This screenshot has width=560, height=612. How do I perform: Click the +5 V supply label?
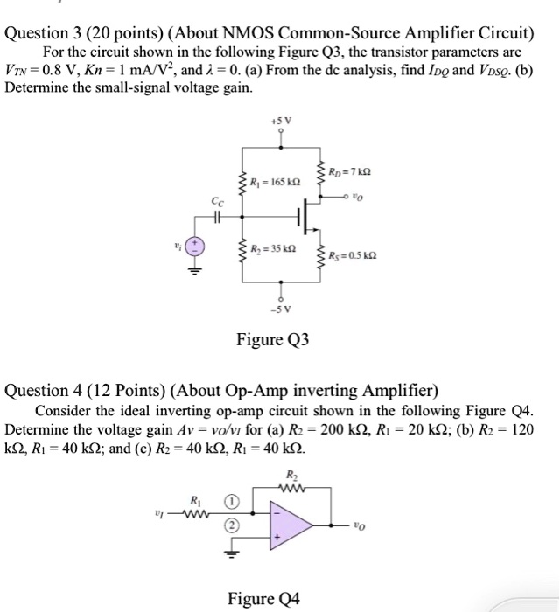[x=280, y=119]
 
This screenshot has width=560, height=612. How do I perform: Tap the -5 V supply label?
[x=281, y=309]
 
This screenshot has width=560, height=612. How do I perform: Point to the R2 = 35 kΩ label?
[x=274, y=247]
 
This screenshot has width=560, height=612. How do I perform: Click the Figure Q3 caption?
[x=273, y=338]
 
